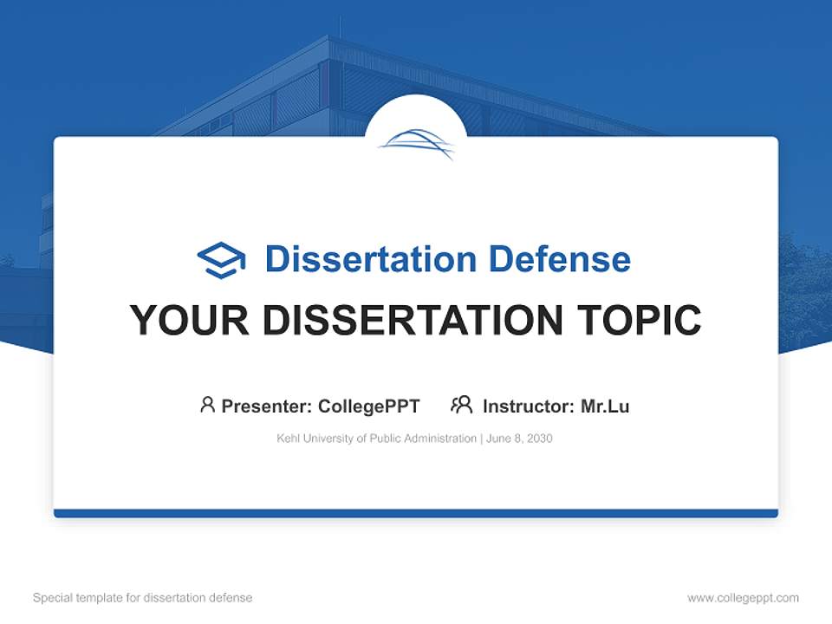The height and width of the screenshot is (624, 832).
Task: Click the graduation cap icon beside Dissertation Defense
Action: click(221, 260)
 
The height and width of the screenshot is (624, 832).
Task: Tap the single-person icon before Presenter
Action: click(207, 405)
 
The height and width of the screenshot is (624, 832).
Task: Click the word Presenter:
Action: click(267, 406)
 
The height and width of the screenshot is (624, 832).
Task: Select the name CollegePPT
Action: click(369, 406)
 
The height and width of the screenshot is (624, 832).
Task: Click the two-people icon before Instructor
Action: click(461, 405)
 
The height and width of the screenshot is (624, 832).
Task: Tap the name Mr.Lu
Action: click(605, 406)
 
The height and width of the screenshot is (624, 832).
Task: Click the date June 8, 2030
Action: click(519, 439)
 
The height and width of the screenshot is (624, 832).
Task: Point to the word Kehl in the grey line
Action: click(288, 439)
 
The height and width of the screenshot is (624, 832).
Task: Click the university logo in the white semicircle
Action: click(416, 144)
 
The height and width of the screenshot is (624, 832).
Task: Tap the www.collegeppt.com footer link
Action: click(743, 598)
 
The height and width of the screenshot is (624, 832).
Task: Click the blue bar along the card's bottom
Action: click(416, 513)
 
